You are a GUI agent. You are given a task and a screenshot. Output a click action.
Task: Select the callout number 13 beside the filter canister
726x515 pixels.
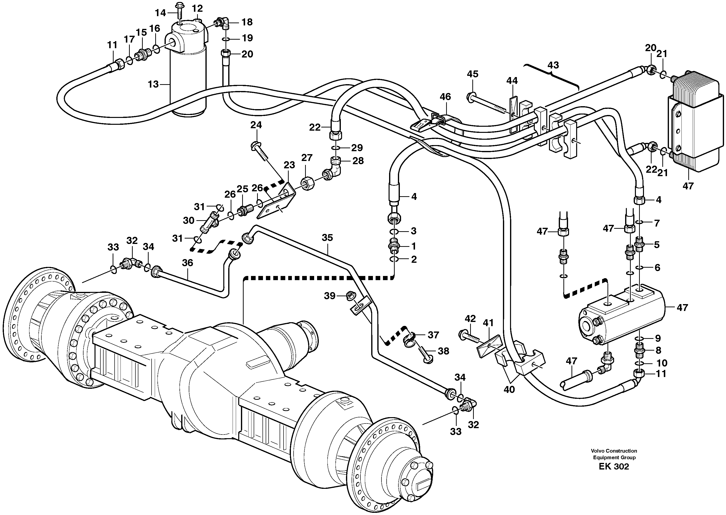[x=153, y=84]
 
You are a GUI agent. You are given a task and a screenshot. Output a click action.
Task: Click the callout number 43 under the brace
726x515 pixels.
[x=553, y=65]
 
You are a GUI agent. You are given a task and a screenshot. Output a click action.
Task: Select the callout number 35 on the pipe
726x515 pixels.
[x=327, y=238]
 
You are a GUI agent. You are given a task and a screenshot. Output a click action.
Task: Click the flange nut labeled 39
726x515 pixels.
[x=350, y=296]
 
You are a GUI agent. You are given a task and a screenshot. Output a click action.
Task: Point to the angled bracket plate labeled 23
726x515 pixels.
[x=276, y=203]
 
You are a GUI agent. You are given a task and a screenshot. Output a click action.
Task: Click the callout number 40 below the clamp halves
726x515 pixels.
[x=509, y=389]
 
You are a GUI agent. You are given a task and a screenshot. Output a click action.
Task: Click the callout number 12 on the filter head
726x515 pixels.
[x=197, y=8]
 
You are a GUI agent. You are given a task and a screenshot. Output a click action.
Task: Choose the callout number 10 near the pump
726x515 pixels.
[x=662, y=363]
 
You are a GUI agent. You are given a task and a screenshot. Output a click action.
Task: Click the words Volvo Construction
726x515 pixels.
[x=614, y=451]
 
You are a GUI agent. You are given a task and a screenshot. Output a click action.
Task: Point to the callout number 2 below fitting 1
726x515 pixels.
[x=414, y=259]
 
